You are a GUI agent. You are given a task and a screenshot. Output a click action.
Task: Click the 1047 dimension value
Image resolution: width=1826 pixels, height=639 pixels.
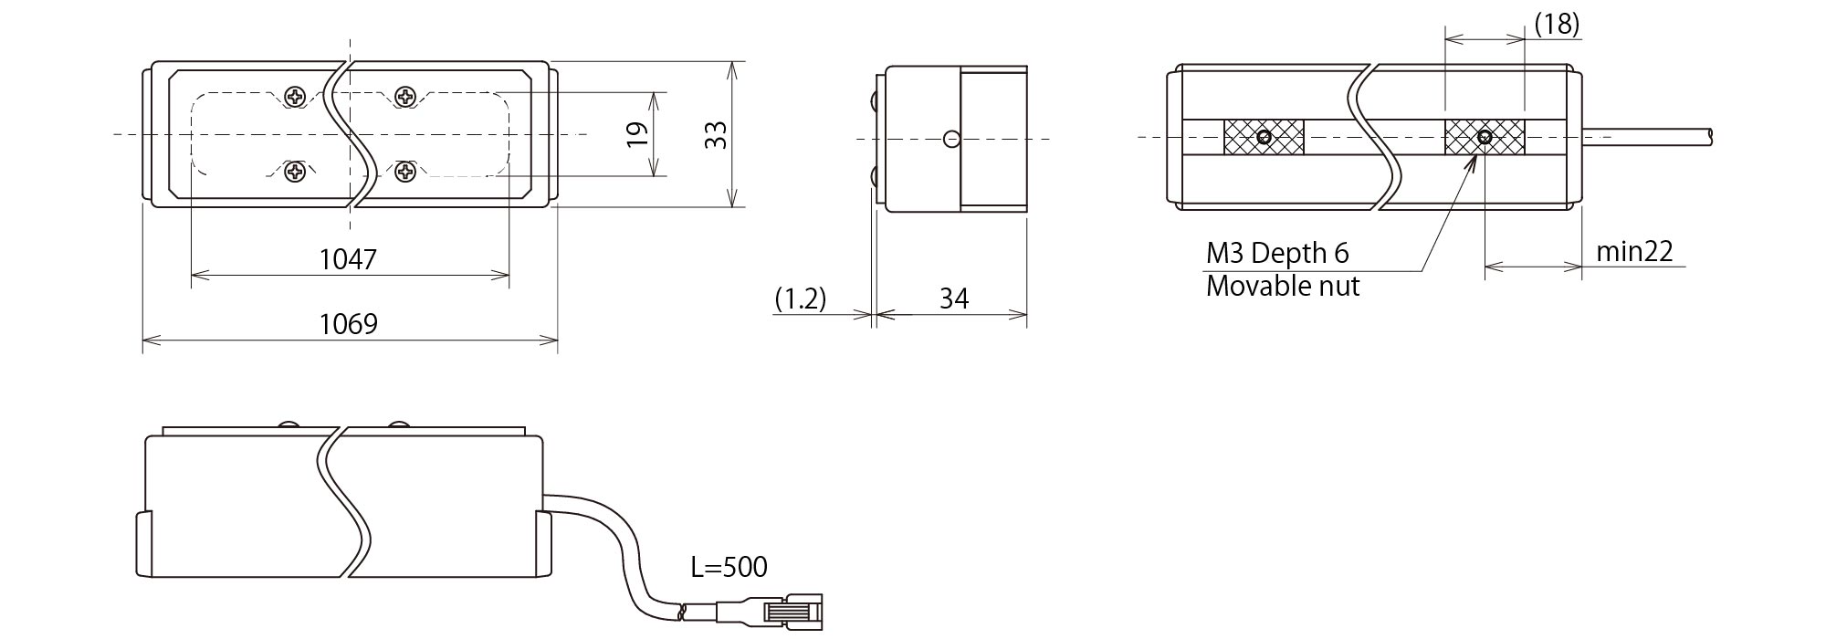(x=348, y=259)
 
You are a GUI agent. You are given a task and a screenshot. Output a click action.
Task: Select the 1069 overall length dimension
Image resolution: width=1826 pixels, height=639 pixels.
(x=348, y=324)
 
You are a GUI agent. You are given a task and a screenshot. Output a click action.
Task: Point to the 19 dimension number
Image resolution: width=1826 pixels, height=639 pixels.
(x=639, y=134)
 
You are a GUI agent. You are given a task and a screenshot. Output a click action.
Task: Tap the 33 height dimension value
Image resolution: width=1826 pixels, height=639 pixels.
(x=718, y=135)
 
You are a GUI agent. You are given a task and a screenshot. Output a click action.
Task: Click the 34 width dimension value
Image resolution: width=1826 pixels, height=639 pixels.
(x=953, y=299)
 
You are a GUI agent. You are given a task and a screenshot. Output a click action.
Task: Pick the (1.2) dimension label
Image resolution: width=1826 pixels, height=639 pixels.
(x=801, y=299)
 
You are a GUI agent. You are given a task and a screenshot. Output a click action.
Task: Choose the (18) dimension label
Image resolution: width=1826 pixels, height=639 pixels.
(x=1557, y=24)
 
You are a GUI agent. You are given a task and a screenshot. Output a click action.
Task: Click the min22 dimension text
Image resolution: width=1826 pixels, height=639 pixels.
(x=1634, y=251)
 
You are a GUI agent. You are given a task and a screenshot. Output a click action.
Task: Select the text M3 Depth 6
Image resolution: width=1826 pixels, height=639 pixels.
(x=1277, y=253)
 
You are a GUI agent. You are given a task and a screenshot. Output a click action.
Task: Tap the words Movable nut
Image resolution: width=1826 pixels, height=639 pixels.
(x=1283, y=286)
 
